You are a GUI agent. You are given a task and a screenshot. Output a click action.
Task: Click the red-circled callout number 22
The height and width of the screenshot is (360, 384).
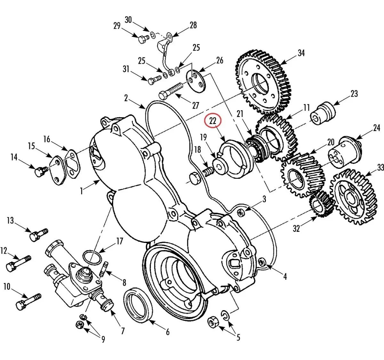point(213,121)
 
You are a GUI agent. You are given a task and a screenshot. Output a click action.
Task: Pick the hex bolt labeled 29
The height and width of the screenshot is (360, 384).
point(143,39)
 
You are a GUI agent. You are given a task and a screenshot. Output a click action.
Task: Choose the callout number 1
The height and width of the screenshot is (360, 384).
point(82,191)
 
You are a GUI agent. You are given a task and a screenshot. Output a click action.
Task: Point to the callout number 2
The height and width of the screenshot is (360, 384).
point(126,98)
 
